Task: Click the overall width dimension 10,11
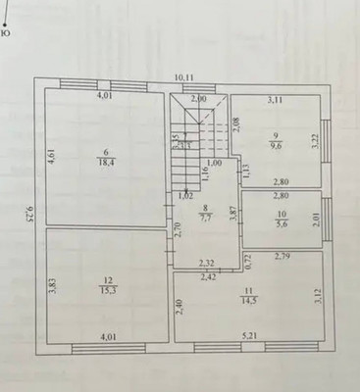coord(183,77)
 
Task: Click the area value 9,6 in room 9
coord(278,144)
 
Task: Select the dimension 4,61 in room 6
coord(52,156)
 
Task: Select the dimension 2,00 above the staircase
coord(198,99)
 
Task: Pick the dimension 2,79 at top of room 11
coord(282,258)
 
